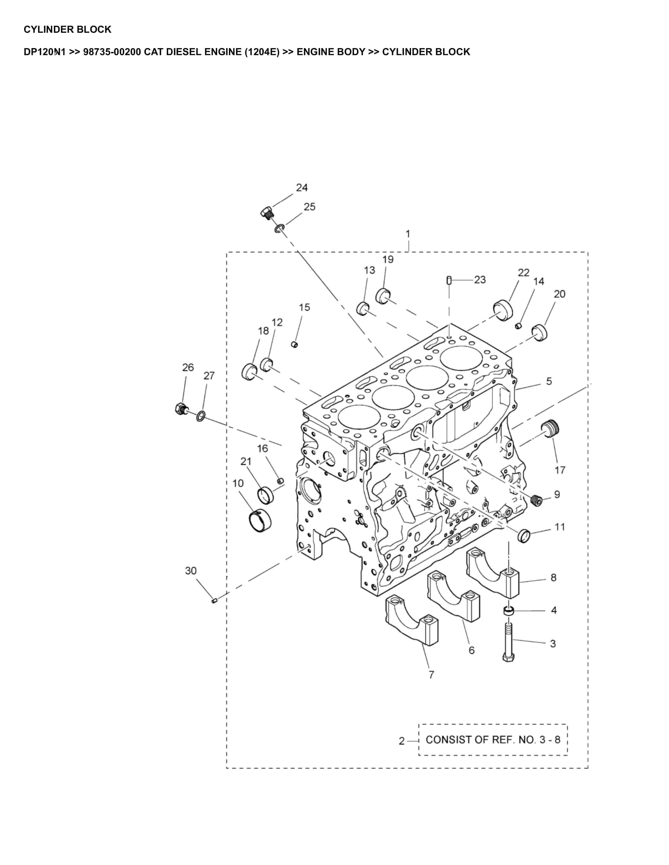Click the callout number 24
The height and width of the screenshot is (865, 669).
pos(302,187)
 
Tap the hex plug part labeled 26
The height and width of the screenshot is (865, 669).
pos(180,408)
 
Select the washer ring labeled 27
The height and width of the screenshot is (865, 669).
pos(201,416)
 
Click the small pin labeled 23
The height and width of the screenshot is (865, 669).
pos(449,280)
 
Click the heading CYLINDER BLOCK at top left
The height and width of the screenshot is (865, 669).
pos(68,29)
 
